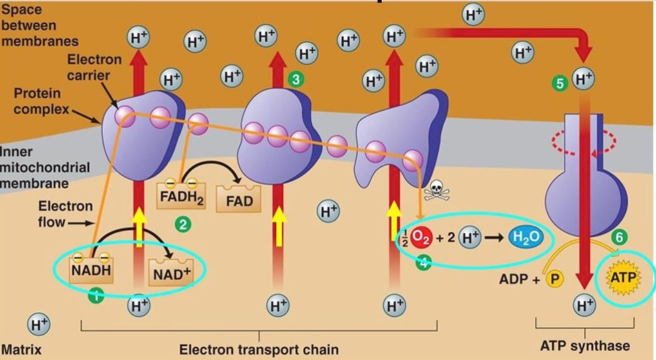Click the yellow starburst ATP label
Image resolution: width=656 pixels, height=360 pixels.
(x=623, y=278)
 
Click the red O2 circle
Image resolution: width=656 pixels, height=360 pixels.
(x=421, y=238)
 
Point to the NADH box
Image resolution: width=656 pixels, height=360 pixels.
(x=90, y=269)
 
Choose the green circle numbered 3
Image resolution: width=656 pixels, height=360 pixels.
(x=296, y=79)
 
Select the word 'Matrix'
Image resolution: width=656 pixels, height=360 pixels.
(x=21, y=350)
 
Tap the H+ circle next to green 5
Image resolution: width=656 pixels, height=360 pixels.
(x=583, y=80)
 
